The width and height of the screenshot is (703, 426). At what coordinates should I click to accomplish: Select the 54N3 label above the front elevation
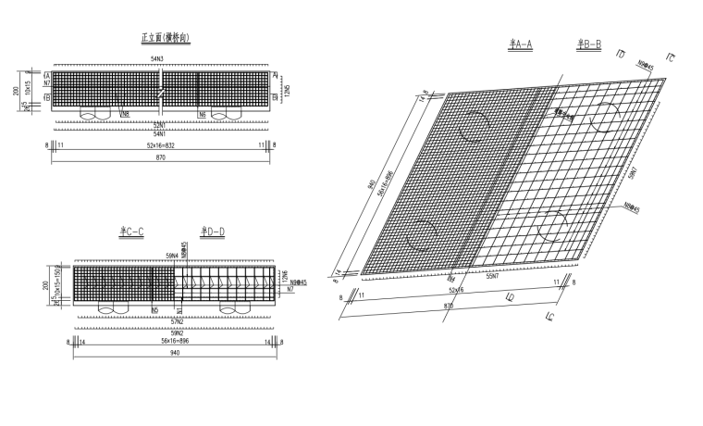157,59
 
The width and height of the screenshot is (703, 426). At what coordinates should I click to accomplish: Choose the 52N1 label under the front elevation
159,124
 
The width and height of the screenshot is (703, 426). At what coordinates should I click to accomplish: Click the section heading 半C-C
131,231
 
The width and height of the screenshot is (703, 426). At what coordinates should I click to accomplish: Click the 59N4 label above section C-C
171,253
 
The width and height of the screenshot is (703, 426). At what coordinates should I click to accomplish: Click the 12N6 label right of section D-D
285,276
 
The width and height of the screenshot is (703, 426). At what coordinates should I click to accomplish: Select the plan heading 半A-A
521,44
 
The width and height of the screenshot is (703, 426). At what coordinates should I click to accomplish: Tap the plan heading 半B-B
589,44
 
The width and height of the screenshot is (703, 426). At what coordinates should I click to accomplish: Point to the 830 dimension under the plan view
449,305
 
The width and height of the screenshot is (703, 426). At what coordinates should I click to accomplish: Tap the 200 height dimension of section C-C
43,287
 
